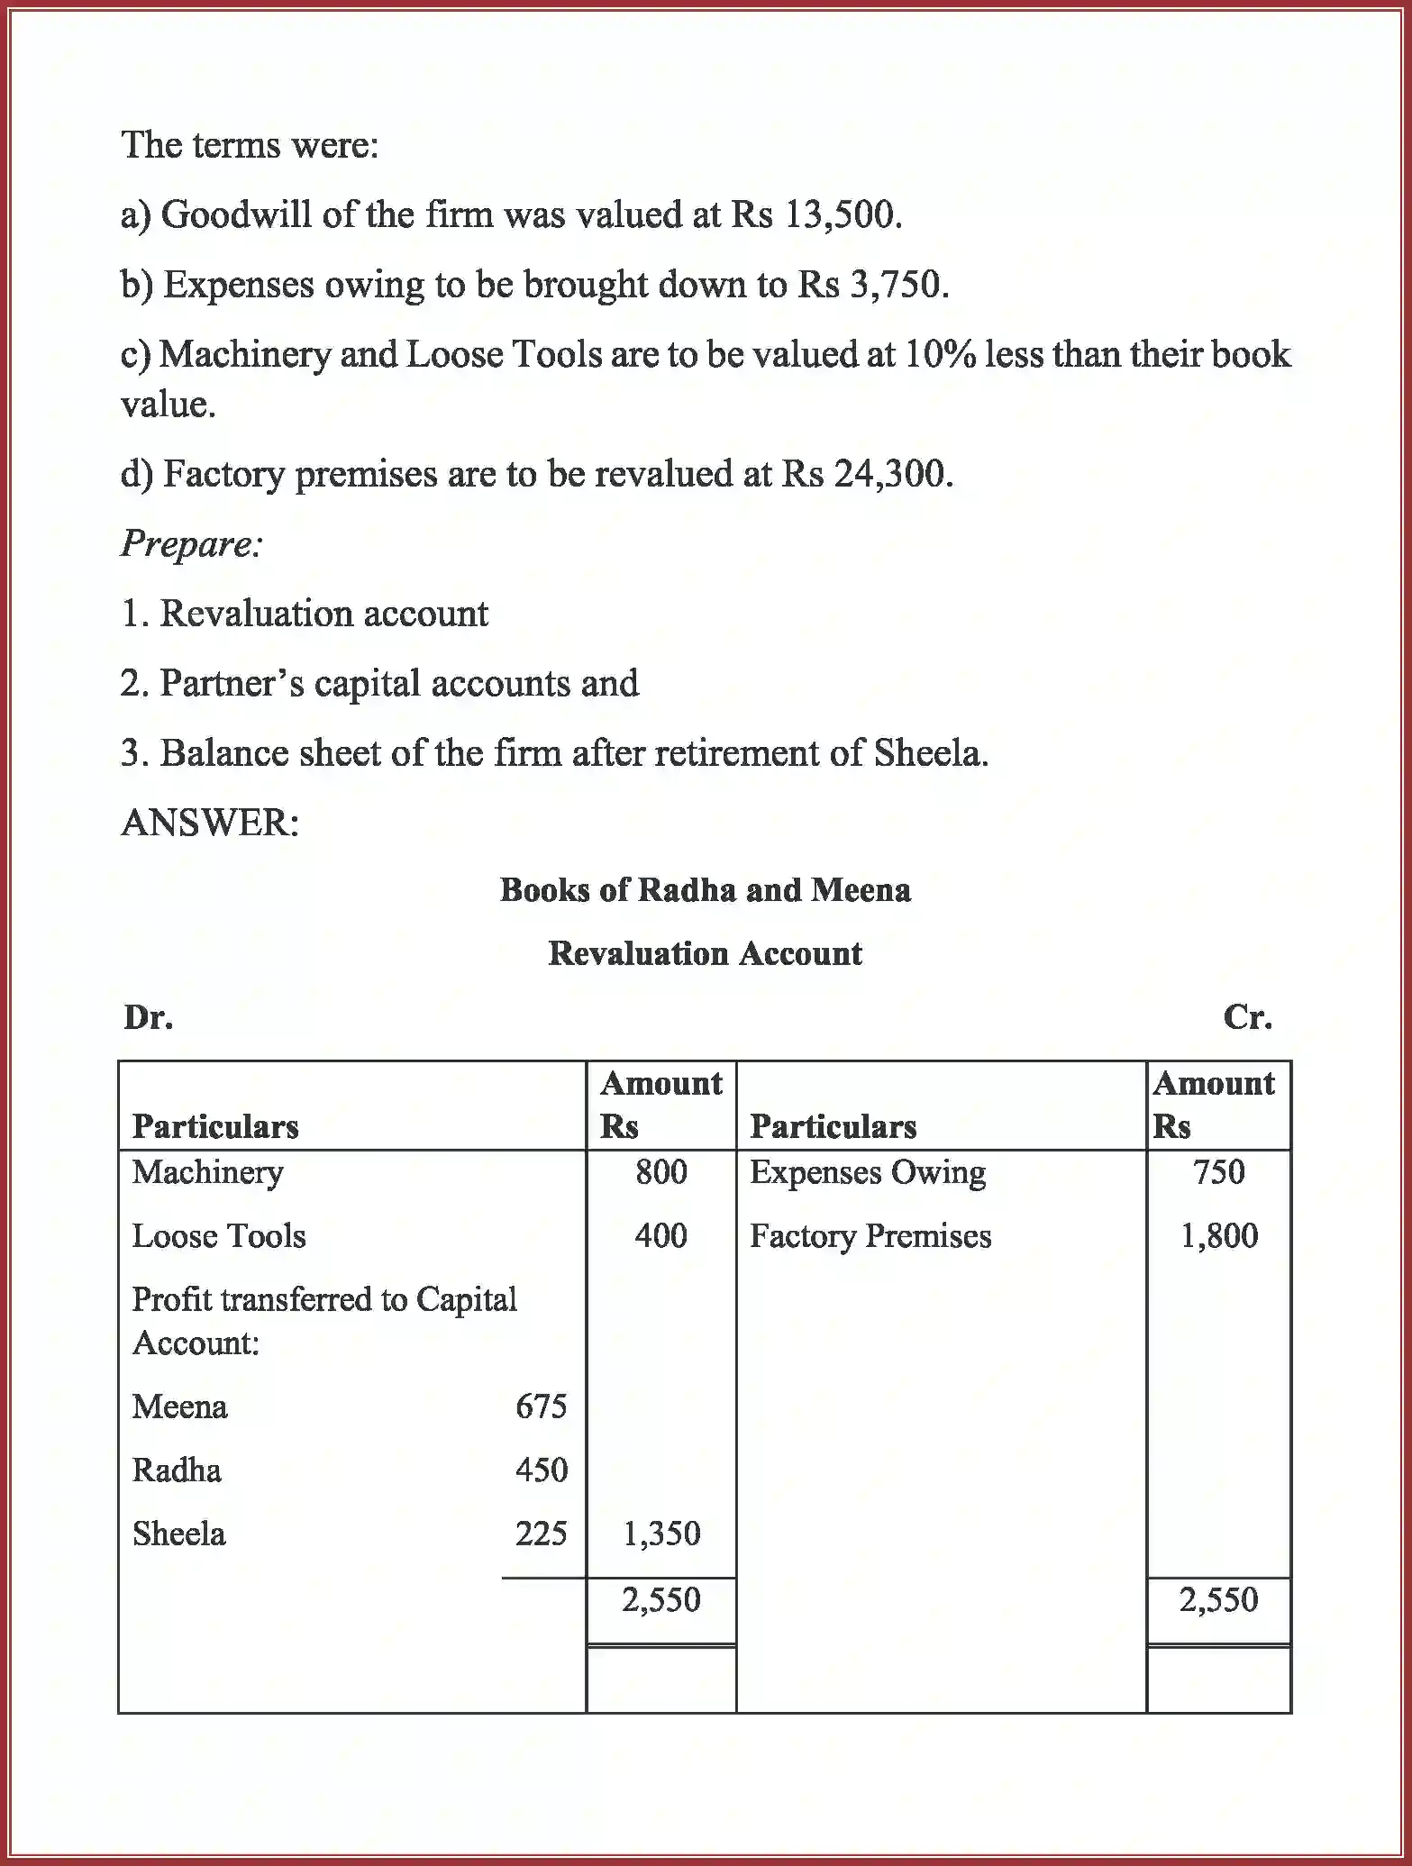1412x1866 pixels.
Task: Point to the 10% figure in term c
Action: (x=941, y=354)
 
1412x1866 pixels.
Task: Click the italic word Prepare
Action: (x=190, y=543)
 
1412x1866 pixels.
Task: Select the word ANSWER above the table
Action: (x=209, y=822)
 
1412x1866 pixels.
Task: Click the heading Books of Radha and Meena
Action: (x=705, y=890)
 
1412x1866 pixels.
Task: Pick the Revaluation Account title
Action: (x=705, y=953)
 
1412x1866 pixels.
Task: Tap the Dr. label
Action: (x=149, y=1017)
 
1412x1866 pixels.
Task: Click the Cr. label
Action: (x=1247, y=1017)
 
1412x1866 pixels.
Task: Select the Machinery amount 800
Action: (x=660, y=1172)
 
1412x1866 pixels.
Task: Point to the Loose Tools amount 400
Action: (x=660, y=1235)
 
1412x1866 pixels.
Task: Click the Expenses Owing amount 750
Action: (x=1218, y=1172)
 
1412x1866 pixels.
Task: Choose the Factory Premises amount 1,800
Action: (x=1218, y=1235)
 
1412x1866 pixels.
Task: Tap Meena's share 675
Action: (x=541, y=1406)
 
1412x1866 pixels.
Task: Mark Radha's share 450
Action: (x=541, y=1470)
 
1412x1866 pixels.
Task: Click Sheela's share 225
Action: (x=541, y=1534)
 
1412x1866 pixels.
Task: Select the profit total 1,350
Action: (x=660, y=1534)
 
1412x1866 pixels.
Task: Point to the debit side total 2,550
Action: (x=660, y=1599)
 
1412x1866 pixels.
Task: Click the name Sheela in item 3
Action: (x=929, y=753)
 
